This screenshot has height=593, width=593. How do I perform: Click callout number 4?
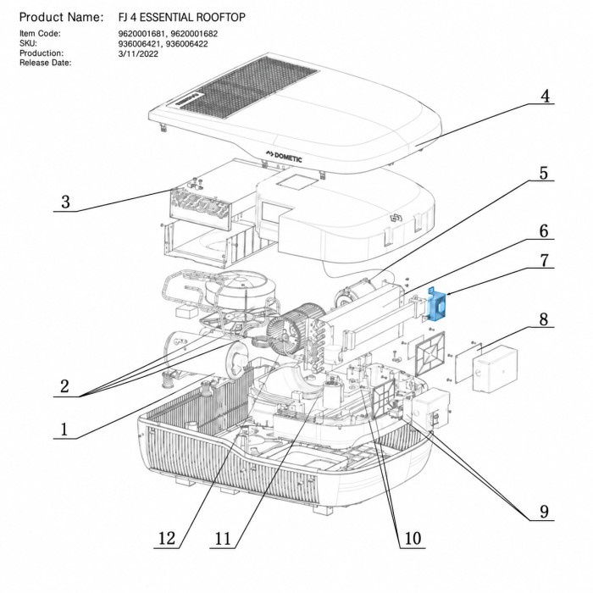tap(545, 96)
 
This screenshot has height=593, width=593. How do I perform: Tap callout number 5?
tap(544, 173)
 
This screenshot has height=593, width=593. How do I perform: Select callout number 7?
tap(544, 260)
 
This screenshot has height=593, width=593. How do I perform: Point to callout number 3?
tap(65, 202)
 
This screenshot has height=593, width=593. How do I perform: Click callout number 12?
tap(167, 538)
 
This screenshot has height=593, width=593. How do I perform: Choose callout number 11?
tap(223, 538)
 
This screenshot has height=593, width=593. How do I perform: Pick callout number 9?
tap(544, 512)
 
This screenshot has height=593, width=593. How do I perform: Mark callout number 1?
tap(64, 430)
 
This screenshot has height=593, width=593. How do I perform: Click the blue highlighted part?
tap(436, 305)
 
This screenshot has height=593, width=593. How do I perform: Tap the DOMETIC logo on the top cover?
tap(284, 156)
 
